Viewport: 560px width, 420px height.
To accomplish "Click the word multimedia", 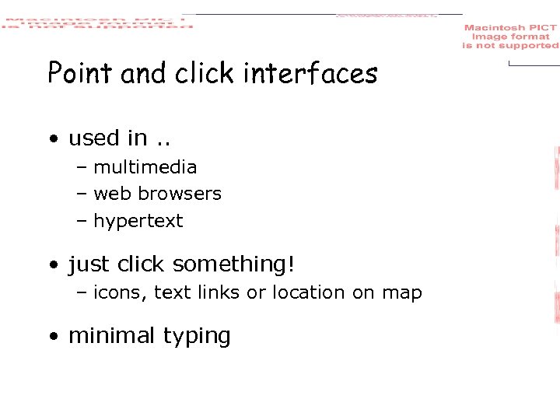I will point(145,167).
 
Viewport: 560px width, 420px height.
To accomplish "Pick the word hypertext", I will point(138,221).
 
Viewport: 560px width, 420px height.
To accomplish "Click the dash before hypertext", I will point(82,221).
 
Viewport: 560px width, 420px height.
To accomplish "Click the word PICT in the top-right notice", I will point(543,28).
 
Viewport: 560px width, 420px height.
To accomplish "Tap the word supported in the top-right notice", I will point(534,46).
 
